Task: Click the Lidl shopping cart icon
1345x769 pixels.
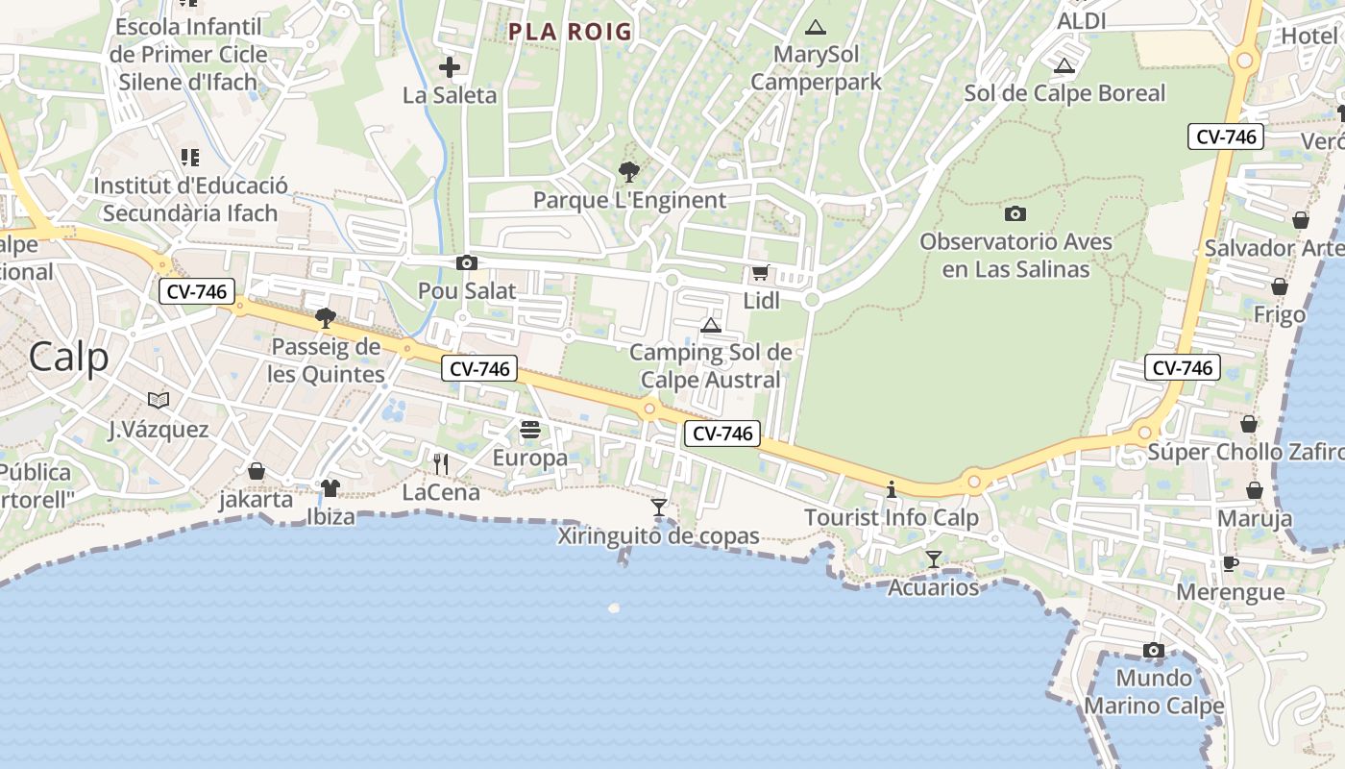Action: [760, 273]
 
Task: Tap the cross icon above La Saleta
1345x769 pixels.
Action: [450, 67]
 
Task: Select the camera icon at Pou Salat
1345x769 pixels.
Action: [467, 262]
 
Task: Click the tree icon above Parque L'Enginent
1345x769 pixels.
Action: [629, 172]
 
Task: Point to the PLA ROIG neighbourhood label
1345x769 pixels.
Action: [571, 32]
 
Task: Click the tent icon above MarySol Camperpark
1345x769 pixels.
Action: [816, 27]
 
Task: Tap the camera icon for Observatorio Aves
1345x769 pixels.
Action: [1015, 213]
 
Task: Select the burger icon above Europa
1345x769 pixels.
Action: [529, 429]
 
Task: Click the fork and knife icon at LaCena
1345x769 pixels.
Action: [441, 464]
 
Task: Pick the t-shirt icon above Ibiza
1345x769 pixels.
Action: [330, 488]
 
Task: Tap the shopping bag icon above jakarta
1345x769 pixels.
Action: [257, 471]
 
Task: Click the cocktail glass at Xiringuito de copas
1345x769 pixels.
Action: [659, 507]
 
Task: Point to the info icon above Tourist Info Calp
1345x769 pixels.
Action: [892, 489]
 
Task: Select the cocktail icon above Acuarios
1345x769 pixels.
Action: [934, 558]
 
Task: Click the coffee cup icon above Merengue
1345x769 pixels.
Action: [1231, 563]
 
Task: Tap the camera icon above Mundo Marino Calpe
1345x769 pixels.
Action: [1154, 651]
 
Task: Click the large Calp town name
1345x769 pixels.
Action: [68, 358]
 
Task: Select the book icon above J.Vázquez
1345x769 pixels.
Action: [159, 400]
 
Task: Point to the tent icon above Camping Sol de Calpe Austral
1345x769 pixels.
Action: [711, 325]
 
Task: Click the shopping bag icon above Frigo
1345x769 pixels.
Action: [1280, 286]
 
